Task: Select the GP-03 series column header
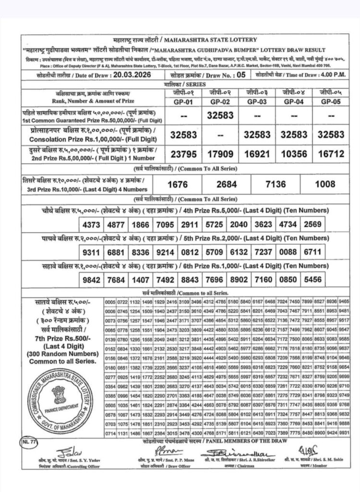(257, 101)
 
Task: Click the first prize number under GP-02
(220, 115)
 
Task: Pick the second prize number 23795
(183, 153)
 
